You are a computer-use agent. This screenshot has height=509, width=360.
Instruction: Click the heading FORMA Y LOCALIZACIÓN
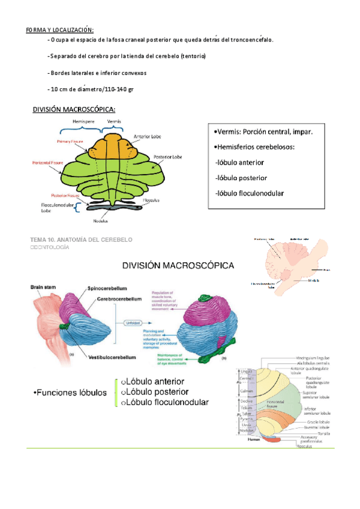click(59, 30)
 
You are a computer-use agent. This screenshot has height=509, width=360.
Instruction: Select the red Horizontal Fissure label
click(46, 163)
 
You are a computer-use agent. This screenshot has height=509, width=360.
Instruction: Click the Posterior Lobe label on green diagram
click(167, 156)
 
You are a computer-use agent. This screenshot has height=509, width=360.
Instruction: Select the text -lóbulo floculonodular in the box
click(249, 193)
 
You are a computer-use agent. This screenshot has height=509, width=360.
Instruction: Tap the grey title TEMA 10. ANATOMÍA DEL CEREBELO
click(81, 239)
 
